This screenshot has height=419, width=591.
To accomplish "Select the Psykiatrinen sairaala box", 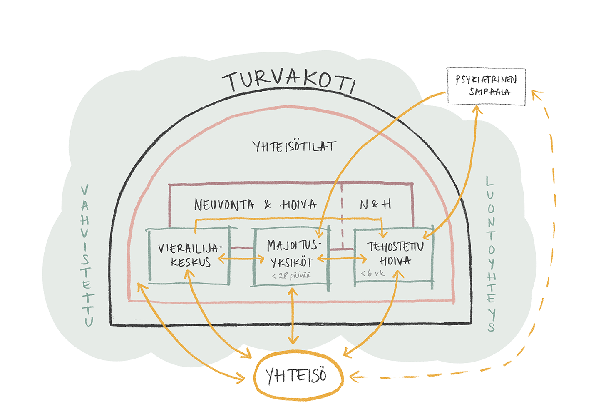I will [x=486, y=86].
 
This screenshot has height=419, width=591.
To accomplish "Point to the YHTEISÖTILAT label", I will [x=294, y=146].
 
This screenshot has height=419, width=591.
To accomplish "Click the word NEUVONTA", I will [x=224, y=205].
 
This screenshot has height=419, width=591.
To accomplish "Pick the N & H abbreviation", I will [x=375, y=204].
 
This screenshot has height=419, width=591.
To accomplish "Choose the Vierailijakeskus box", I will [x=190, y=255].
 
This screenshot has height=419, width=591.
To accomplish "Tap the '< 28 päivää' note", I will [x=291, y=276].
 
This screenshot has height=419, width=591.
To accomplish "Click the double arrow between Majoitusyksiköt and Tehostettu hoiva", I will [x=342, y=259].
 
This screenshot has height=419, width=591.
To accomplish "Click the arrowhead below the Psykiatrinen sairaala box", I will [x=477, y=110].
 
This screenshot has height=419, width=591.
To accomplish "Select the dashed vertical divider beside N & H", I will [x=342, y=217].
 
